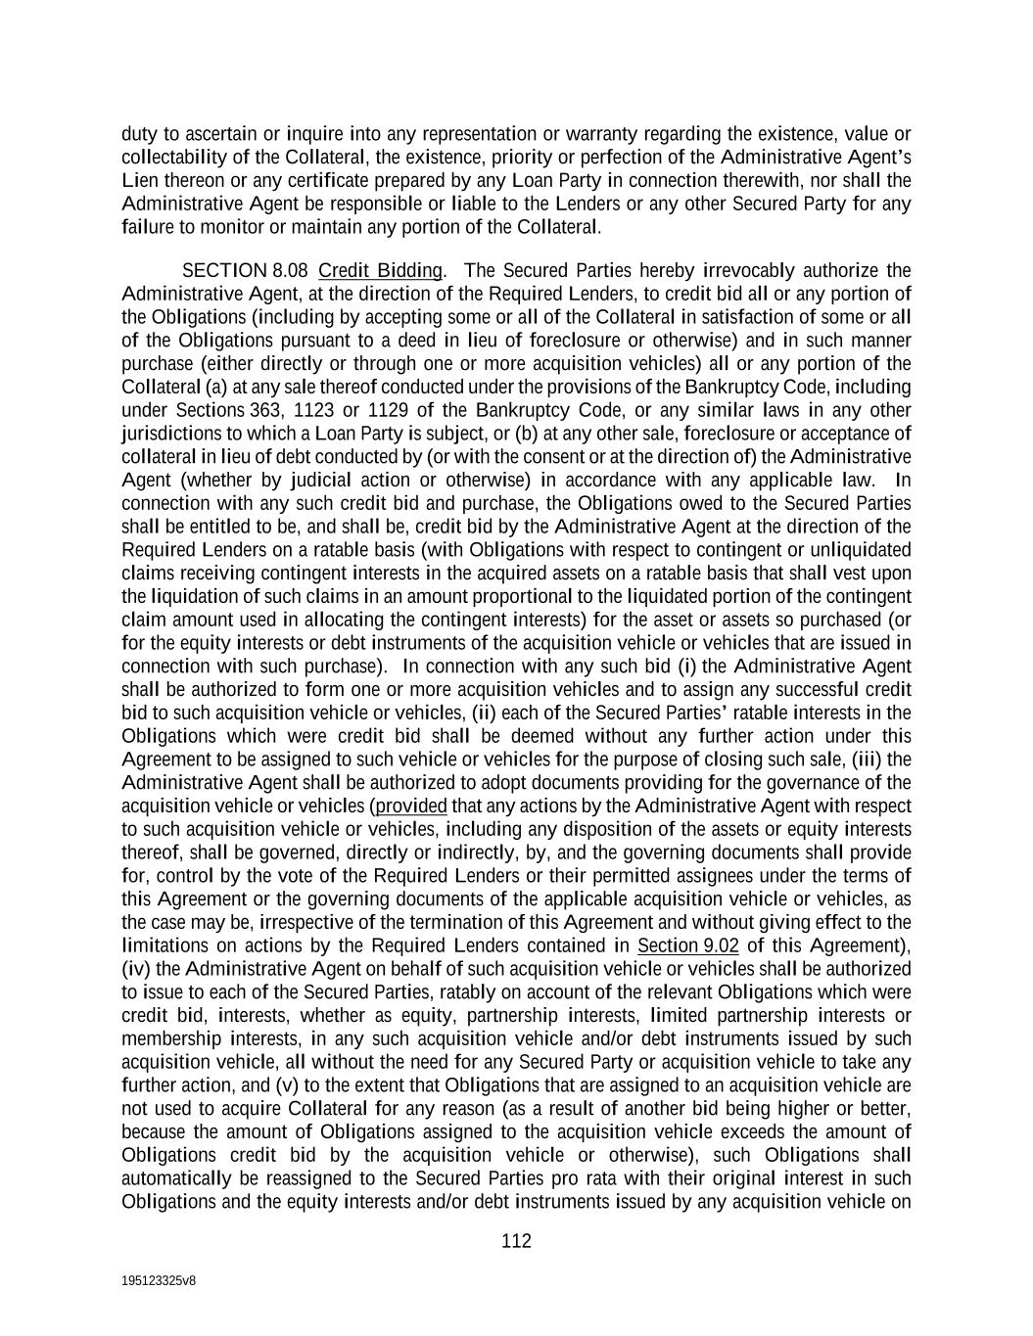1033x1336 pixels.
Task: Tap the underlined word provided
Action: click(411, 806)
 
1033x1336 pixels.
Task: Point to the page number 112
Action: click(516, 1241)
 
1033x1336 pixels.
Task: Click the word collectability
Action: click(180, 158)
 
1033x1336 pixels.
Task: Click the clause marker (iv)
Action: click(136, 969)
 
